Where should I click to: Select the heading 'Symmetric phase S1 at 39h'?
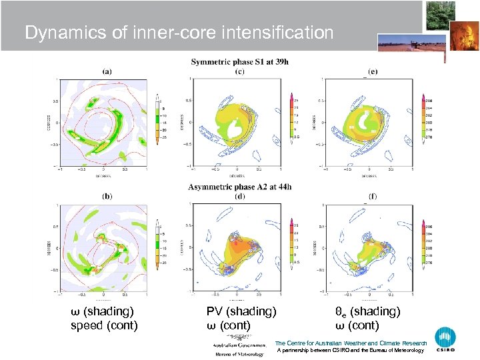tap(240, 62)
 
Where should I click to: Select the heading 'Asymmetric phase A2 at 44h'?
tap(240, 187)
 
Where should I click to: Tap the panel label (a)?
tap(107, 71)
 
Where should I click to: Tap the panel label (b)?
tap(107, 196)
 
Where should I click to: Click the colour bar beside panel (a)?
tap(157, 120)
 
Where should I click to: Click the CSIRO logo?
tap(445, 340)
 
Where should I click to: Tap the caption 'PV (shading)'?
tap(241, 311)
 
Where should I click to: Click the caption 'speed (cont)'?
tap(104, 325)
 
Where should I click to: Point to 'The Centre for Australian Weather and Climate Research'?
tap(351, 343)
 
